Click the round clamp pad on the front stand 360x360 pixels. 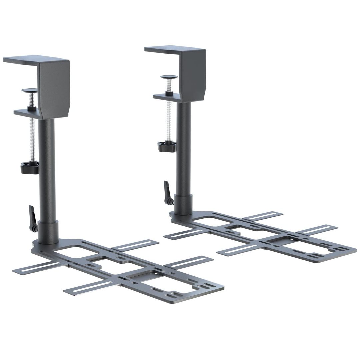point(29,90)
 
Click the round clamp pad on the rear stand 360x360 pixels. point(169,77)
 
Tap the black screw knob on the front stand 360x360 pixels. point(29,167)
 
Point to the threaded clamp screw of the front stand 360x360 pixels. point(32,140)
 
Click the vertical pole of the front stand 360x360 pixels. point(46,167)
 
